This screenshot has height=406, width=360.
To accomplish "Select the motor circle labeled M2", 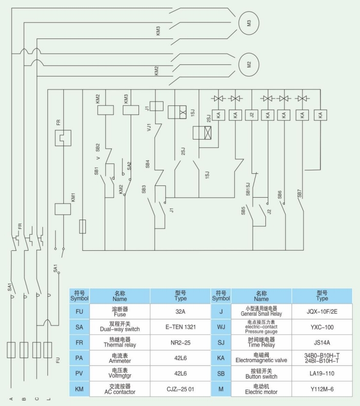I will coord(248,64).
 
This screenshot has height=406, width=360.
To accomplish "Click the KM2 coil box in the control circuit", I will coord(106,110).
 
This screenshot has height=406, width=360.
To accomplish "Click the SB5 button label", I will coord(243,211).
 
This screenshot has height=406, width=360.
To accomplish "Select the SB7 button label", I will coord(300,192).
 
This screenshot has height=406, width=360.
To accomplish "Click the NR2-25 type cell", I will coord(180,342).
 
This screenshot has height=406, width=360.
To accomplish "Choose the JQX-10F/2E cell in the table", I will coord(322,311).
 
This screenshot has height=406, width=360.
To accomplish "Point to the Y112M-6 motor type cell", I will coord(322,389).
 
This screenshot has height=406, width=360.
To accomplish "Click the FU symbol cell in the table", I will coord(79,311).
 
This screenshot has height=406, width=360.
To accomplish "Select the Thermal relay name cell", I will coord(120,342).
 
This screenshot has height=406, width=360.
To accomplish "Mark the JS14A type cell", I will coord(322,342).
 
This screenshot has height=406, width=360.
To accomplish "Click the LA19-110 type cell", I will coord(322,373).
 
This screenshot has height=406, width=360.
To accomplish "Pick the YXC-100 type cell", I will coord(322,326).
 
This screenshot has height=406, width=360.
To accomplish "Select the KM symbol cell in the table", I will coord(79,389).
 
